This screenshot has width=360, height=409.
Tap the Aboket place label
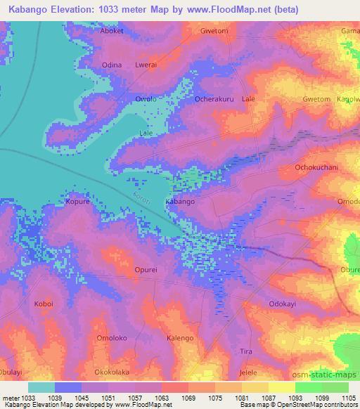click(112, 32)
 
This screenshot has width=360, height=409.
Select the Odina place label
click(112, 65)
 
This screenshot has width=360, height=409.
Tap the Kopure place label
click(77, 201)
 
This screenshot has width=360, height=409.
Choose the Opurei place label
click(146, 269)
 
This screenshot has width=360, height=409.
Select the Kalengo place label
click(179, 338)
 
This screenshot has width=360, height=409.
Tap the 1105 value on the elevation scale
click(348, 398)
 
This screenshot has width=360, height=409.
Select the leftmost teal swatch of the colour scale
click(41, 387)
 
